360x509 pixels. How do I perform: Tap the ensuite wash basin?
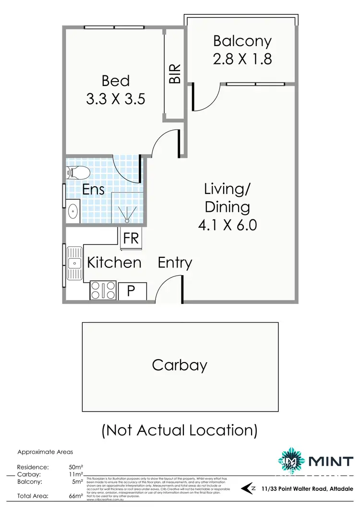[74, 210]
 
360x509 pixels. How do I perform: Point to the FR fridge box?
[131, 239]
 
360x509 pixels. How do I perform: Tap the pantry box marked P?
[130, 290]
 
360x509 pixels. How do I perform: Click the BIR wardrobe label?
[175, 74]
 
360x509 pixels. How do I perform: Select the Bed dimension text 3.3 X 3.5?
[116, 99]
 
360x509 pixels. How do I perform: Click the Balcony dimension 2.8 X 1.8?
[242, 59]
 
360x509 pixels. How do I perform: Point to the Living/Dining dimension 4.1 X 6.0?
[228, 224]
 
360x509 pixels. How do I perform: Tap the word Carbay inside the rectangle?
[180, 365]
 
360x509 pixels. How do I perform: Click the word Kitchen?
[114, 263]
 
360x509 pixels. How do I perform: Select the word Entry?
[175, 263]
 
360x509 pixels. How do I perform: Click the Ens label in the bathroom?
[94, 189]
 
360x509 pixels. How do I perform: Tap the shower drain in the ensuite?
[127, 220]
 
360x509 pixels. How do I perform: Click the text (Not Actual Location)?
[180, 429]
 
